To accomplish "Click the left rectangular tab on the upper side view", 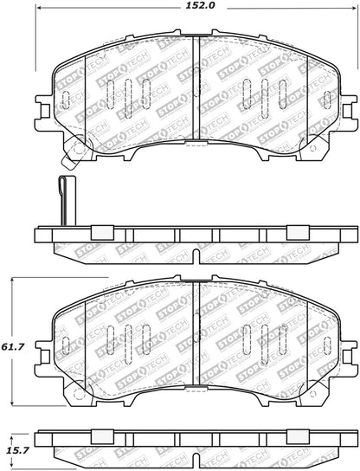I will [x=99, y=231].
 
